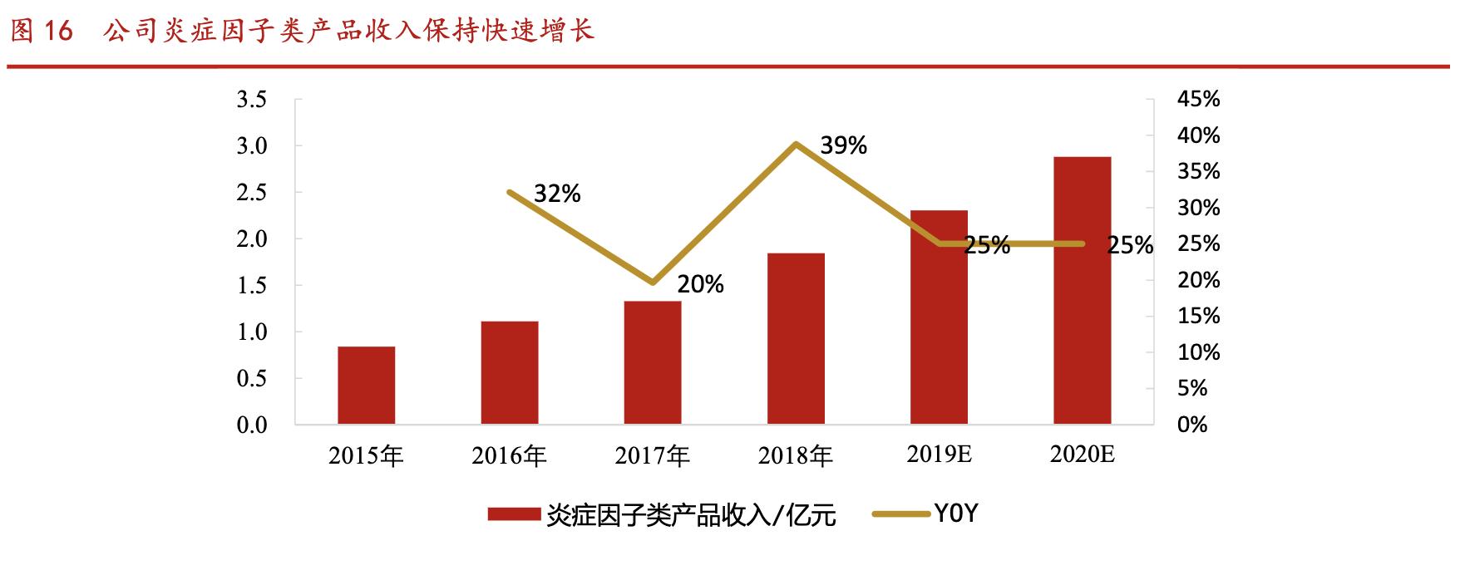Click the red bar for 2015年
tap(366, 386)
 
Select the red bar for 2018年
tap(796, 339)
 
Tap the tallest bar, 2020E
tap(1082, 291)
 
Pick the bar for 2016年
tap(509, 373)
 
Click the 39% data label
tap(843, 146)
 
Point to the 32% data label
tap(557, 194)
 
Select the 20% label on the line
tap(700, 285)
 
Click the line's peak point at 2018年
tap(797, 144)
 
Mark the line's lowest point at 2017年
tap(653, 283)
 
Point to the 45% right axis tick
tap(1198, 100)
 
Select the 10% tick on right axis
tap(1198, 352)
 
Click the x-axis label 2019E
tap(939, 455)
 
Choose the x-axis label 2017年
tap(653, 456)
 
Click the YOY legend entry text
tap(956, 514)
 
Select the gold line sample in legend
tap(900, 514)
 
